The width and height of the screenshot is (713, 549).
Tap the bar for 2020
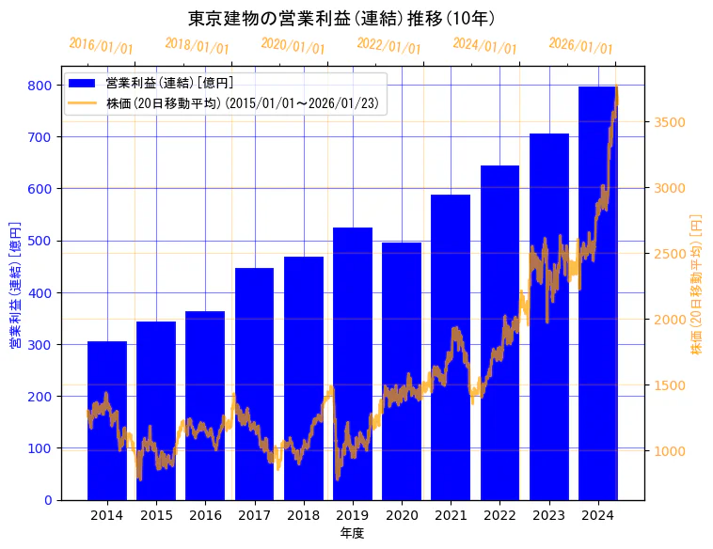402,371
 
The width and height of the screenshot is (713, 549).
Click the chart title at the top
341,18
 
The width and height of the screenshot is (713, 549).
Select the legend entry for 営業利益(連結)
169,84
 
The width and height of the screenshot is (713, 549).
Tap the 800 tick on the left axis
40,86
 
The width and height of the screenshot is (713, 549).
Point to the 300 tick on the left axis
40,345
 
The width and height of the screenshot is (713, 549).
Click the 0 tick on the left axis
48,500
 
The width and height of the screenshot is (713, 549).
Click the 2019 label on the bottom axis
353,515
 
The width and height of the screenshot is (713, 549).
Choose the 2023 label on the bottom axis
549,515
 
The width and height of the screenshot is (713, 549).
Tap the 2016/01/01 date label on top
102,46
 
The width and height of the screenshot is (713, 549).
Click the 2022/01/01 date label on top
389,46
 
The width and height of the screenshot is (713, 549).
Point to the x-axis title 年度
353,533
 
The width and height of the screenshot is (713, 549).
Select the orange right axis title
697,283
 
